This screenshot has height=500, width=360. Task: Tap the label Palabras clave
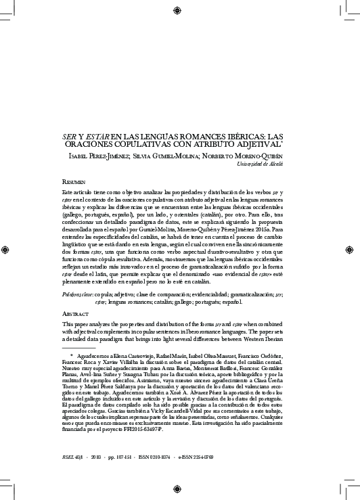pyautogui.click(x=67, y=296)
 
